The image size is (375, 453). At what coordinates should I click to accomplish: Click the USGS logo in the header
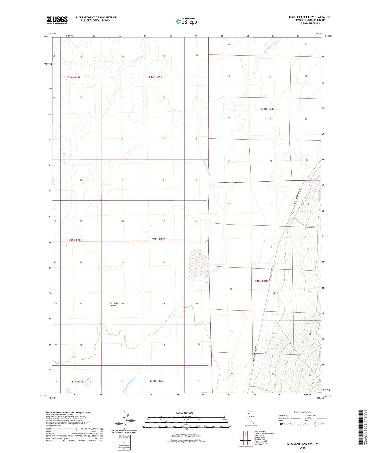[57, 20]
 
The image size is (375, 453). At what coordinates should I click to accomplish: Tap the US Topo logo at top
[186, 21]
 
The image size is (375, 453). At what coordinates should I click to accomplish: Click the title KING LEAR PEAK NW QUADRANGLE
[310, 17]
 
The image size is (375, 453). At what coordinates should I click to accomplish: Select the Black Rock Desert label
[115, 304]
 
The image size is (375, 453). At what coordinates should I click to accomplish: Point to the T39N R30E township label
[267, 109]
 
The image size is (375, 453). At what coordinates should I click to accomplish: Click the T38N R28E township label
[75, 240]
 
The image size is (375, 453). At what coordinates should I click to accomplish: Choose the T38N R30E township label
[261, 281]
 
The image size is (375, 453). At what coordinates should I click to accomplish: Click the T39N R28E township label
[74, 77]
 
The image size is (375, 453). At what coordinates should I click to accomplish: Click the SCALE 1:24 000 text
[184, 413]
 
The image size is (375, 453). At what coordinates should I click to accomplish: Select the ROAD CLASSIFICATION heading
[303, 412]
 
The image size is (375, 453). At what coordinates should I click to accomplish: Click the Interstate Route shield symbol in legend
[281, 424]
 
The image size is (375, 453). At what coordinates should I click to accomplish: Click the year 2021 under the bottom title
[302, 448]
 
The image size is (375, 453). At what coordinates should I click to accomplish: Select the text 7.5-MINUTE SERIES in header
[310, 23]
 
